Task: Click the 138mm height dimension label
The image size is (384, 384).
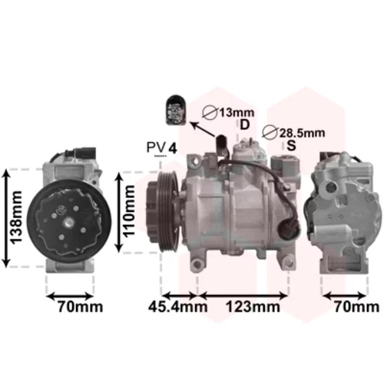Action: pos(15,217)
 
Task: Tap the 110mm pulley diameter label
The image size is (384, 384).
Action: pos(128,210)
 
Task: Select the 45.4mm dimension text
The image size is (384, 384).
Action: pos(177,306)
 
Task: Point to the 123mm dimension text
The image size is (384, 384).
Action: pos(253,306)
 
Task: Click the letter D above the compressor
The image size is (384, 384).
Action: pos(245,125)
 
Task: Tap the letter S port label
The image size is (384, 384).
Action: pos(291,146)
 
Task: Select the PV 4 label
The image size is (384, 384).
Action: pos(162,148)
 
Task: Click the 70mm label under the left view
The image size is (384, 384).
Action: pos(80,306)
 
